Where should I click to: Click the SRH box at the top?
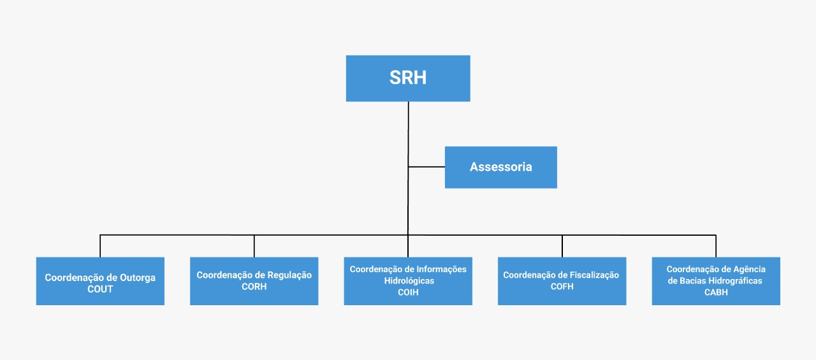(x=408, y=78)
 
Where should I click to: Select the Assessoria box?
(x=501, y=168)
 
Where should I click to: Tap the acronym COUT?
(x=100, y=289)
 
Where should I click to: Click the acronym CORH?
(x=254, y=287)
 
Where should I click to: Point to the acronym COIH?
(x=408, y=292)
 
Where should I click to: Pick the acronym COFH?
(x=562, y=287)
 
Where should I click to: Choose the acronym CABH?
(x=716, y=292)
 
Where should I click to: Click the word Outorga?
(x=138, y=278)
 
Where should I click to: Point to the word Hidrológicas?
(x=409, y=280)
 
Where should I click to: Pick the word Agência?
(x=749, y=270)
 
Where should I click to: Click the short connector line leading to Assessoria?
(x=426, y=167)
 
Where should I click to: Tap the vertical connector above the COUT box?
(x=100, y=246)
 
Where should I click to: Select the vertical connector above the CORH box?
(x=254, y=246)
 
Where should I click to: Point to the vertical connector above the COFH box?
(x=562, y=246)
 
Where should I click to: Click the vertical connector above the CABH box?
(x=716, y=246)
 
